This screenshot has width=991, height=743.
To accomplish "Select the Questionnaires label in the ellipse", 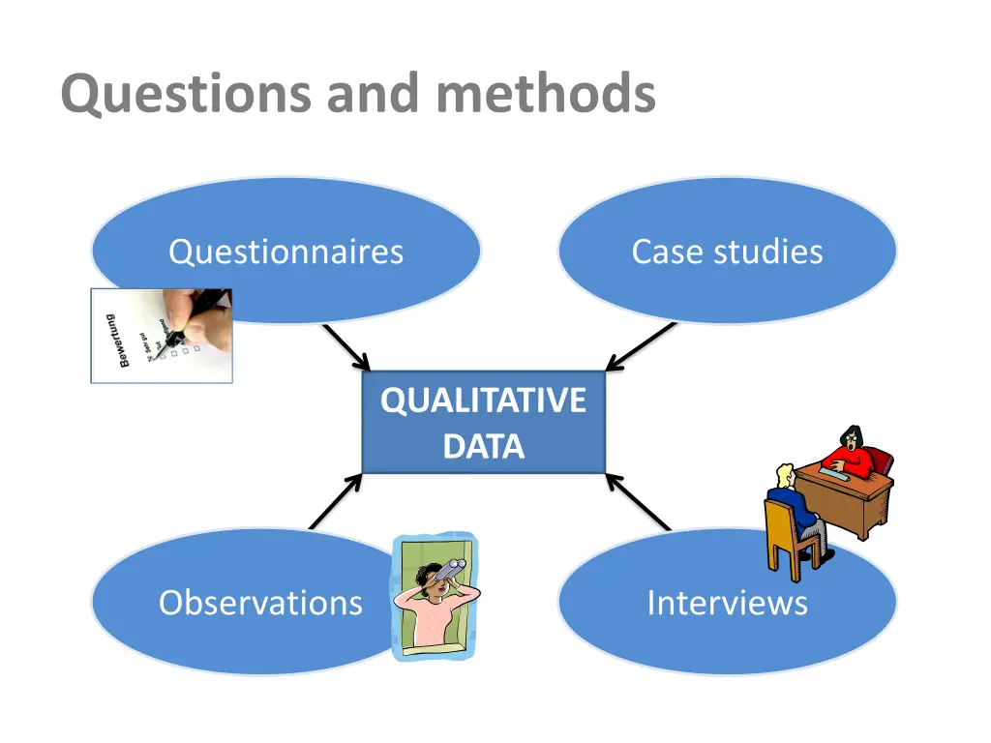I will [285, 252].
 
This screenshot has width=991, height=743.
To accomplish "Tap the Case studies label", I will [727, 252].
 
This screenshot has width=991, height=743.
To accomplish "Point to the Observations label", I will [260, 603].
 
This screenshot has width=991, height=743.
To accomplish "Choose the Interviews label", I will [727, 603].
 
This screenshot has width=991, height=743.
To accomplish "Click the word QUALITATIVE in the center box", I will [483, 401].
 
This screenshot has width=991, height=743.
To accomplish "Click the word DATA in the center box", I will [483, 447].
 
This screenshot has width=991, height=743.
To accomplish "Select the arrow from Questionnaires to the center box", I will [346, 347].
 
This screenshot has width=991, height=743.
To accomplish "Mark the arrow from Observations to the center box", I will [335, 500].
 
